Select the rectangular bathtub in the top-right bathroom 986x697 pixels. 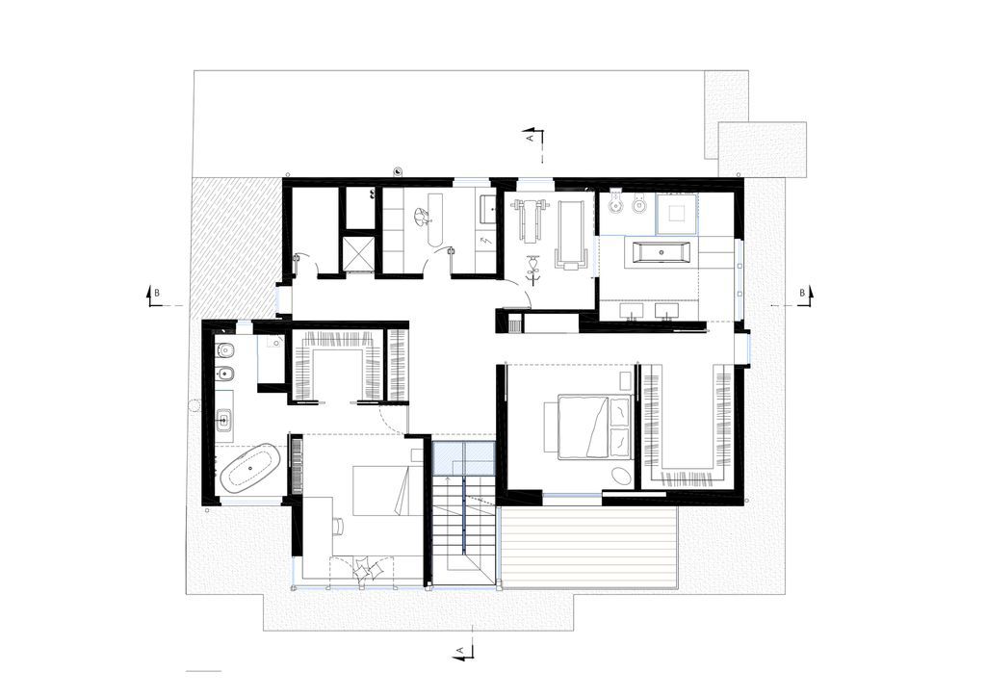pos(662,252)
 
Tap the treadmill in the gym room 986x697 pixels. pos(572,235)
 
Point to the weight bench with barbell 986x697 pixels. pos(529,219)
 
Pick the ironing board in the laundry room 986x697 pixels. pos(433,219)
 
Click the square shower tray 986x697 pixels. pos(676,214)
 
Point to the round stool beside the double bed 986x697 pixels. pos(622,476)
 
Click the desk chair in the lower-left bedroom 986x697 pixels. pos(337,526)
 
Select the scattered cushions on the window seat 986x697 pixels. pos(367,570)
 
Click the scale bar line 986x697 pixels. pos(204,672)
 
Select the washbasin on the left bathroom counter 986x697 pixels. pos(223,420)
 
